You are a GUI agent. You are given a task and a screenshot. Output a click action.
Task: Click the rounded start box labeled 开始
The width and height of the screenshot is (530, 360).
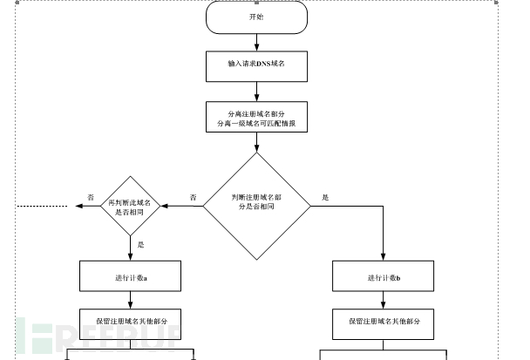click(256, 17)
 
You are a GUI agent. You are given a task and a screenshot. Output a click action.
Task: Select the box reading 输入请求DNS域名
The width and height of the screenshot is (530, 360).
click(256, 64)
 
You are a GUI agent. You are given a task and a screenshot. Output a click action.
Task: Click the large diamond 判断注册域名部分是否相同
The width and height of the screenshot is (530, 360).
click(256, 206)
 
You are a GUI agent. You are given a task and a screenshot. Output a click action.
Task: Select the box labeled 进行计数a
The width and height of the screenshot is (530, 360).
click(131, 276)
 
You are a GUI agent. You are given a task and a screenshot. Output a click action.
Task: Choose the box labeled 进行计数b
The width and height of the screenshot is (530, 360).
click(384, 276)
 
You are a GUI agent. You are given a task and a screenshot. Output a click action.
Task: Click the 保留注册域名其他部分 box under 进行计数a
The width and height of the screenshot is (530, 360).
click(131, 322)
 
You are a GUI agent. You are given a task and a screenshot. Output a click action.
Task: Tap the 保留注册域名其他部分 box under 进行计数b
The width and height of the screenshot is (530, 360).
click(384, 322)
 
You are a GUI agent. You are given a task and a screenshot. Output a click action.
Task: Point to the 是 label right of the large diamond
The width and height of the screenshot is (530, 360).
click(325, 198)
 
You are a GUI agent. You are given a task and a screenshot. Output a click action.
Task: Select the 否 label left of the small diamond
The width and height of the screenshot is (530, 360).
click(91, 198)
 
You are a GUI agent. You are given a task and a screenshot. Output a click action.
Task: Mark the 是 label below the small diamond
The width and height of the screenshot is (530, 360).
click(140, 245)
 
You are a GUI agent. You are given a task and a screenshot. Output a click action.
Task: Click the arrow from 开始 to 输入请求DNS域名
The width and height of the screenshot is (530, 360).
click(256, 41)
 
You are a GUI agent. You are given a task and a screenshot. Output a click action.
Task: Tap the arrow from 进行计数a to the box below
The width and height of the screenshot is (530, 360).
click(131, 299)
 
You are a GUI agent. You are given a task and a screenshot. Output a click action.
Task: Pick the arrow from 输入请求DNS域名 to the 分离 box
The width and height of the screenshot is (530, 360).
click(256, 90)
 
